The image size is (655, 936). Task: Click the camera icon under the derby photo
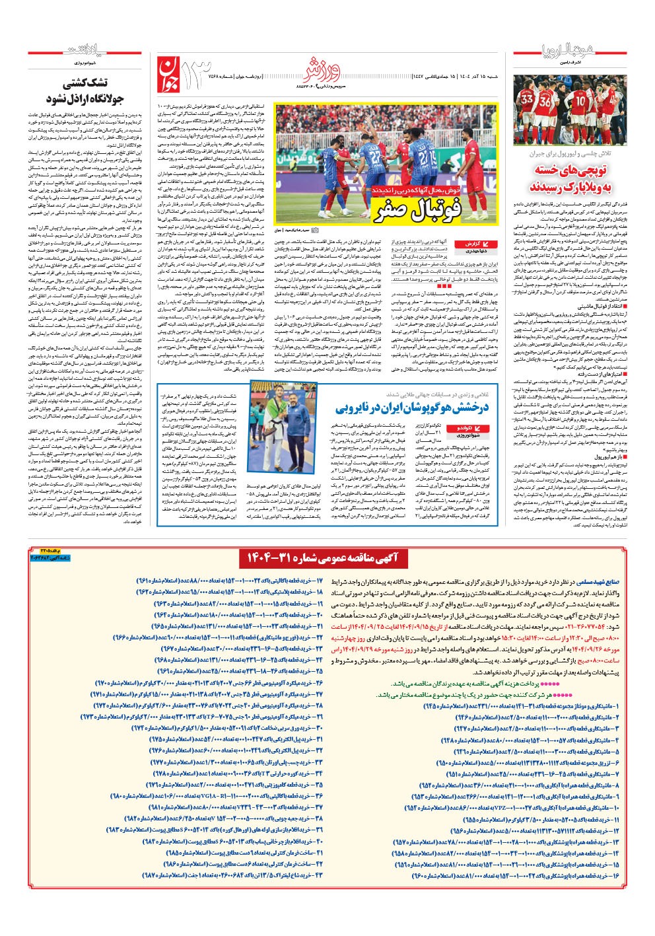click(314, 230)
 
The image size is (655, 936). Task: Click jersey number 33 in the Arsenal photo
click(528, 100)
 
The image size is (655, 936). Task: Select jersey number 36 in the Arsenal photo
click(545, 102)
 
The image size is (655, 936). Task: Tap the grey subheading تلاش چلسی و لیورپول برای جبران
click(568, 153)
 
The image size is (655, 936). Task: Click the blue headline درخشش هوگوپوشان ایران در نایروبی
click(412, 408)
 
